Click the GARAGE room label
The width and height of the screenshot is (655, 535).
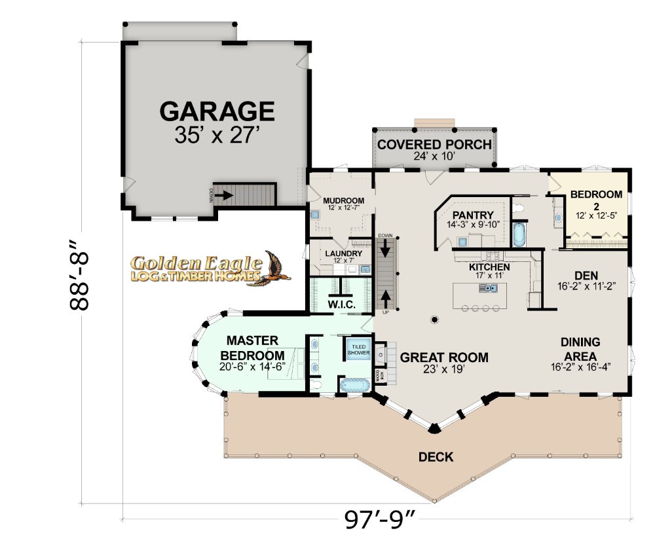pyautogui.click(x=217, y=111)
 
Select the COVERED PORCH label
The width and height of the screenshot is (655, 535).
pyautogui.click(x=434, y=145)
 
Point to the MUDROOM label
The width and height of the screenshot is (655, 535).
pyautogui.click(x=343, y=201)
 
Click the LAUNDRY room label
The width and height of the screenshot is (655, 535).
pyautogui.click(x=343, y=253)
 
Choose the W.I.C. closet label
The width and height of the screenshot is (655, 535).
pyautogui.click(x=341, y=305)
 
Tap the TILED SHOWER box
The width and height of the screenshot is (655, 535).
pyautogui.click(x=359, y=350)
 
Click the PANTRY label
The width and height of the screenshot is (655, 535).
pyautogui.click(x=474, y=215)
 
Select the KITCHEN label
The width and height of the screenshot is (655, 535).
pyautogui.click(x=489, y=267)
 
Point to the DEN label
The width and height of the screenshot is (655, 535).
pyautogui.click(x=586, y=276)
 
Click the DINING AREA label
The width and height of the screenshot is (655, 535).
pyautogui.click(x=580, y=349)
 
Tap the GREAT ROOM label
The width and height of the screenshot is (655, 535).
pyautogui.click(x=444, y=358)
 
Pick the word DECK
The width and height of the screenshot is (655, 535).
pyautogui.click(x=436, y=457)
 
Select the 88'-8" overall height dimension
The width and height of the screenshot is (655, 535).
pyautogui.click(x=79, y=275)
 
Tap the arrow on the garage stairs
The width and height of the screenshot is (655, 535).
pyautogui.click(x=224, y=195)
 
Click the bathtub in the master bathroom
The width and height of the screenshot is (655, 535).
pyautogui.click(x=355, y=384)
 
